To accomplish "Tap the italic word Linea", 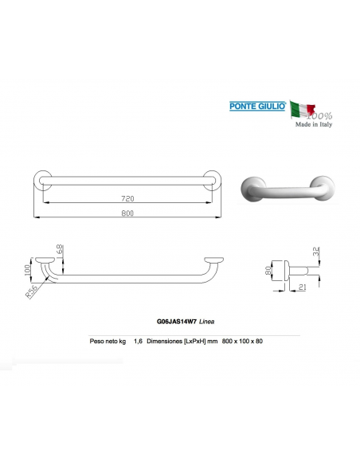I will [206, 321].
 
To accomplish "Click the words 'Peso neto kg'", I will [108, 341].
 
